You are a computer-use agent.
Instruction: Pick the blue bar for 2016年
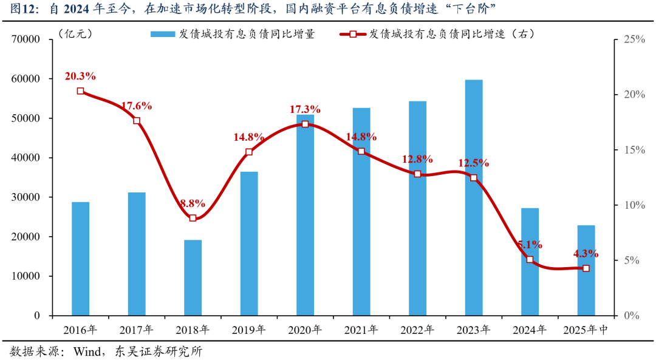pyautogui.click(x=80, y=259)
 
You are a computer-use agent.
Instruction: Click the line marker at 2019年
pyautogui.click(x=249, y=152)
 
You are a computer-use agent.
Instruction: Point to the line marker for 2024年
pyautogui.click(x=530, y=259)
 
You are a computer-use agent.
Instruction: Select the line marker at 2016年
pyautogui.click(x=80, y=91)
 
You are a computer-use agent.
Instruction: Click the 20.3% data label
pyautogui.click(x=80, y=76)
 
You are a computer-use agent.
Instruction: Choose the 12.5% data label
pyautogui.click(x=474, y=163)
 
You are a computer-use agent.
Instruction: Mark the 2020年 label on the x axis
pyautogui.click(x=305, y=330)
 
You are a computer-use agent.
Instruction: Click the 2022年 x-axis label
pyautogui.click(x=417, y=330)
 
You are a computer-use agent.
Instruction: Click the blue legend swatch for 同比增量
pyautogui.click(x=162, y=34)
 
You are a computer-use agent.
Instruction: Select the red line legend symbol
pyautogui.click(x=353, y=34)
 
